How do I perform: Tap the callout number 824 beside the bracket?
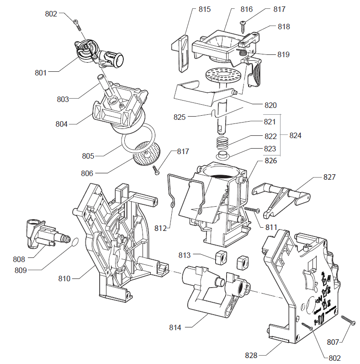tap(296, 136)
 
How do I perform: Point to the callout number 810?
tap(64, 278)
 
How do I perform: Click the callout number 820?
tap(270, 105)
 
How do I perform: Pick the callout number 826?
tap(270, 161)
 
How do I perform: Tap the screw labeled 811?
tap(251, 209)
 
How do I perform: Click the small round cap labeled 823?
tap(223, 156)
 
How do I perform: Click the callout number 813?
tap(197, 255)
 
